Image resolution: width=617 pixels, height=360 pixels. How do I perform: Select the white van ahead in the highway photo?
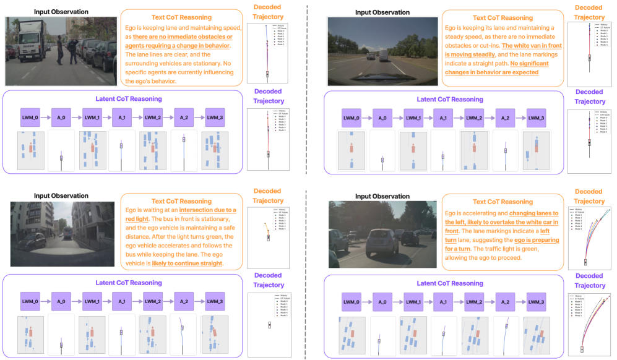(383, 54)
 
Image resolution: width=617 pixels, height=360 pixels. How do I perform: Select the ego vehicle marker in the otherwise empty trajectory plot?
(269, 325)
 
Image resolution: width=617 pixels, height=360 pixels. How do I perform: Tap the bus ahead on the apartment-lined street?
(67, 233)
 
